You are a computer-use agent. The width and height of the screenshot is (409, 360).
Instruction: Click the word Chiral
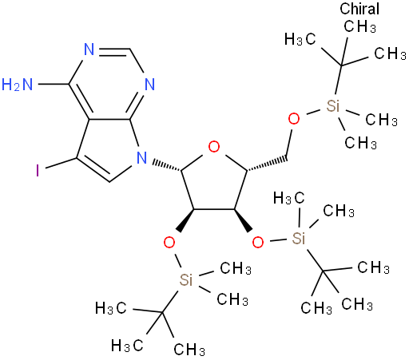point(359,9)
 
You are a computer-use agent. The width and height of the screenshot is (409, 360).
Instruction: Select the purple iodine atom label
point(38,171)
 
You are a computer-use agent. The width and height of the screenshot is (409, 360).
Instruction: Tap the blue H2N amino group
point(17,85)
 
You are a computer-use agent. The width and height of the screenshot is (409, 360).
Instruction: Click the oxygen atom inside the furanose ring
point(214,147)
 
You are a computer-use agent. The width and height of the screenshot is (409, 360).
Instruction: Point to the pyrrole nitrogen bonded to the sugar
point(141,157)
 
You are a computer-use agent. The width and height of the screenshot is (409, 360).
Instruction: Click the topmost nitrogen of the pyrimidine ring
point(89,49)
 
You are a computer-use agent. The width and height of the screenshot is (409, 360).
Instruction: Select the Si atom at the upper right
point(333,106)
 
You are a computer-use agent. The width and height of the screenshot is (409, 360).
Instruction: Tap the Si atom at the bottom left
point(185,279)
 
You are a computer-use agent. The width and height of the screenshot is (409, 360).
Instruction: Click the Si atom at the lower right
point(298,238)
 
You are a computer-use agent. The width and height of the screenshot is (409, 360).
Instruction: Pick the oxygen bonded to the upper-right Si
point(294,119)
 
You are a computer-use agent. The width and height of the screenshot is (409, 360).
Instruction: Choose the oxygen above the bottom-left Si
point(169,243)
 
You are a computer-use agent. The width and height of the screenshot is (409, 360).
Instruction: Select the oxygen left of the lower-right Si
point(258,243)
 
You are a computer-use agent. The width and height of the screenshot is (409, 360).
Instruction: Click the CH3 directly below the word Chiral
point(359,26)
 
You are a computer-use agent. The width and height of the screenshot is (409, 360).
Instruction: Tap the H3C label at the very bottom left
point(127,346)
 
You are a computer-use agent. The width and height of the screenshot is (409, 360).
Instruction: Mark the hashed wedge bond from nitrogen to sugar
point(167,165)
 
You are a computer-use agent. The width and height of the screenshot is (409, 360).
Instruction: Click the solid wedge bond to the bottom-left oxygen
point(185,220)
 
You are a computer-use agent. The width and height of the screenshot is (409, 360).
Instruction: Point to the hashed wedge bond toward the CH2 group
point(267,164)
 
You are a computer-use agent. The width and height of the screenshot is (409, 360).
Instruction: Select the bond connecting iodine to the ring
point(62,164)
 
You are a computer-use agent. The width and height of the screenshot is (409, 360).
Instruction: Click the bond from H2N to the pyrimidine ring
point(54,85)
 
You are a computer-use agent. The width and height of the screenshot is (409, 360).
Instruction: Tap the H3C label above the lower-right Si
point(289,198)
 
